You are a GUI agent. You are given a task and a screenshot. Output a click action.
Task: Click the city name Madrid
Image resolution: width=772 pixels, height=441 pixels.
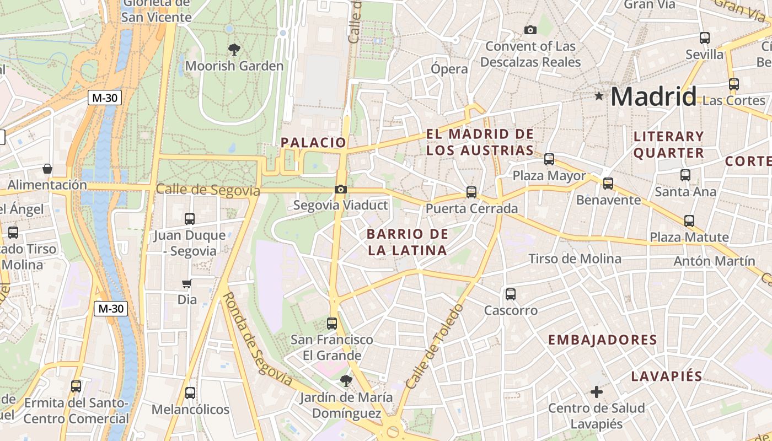(653, 96)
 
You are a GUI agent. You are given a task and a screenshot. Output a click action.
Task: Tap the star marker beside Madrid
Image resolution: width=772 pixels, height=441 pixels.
(599, 96)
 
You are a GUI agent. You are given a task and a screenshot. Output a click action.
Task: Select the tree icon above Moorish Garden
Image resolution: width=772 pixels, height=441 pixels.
(234, 50)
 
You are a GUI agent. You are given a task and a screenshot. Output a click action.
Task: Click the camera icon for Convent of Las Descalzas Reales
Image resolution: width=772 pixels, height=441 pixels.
(530, 30)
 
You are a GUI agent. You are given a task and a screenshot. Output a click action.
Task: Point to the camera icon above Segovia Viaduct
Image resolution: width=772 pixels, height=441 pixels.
(341, 190)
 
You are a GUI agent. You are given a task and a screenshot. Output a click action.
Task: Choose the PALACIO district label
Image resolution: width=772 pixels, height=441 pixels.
(313, 142)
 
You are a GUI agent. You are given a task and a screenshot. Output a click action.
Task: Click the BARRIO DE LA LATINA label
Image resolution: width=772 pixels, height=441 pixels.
(407, 242)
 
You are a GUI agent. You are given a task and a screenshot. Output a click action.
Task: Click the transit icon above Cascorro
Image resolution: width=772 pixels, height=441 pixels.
(511, 294)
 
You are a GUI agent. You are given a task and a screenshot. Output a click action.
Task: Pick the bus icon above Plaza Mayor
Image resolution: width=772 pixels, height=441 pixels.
(549, 159)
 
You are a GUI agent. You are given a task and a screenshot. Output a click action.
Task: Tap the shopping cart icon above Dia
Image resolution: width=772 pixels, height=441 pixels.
(187, 284)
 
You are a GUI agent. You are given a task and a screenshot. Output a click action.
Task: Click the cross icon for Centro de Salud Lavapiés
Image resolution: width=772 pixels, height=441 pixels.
(597, 392)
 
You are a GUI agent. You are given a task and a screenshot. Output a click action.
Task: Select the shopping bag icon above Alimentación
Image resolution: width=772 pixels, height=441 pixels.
(47, 168)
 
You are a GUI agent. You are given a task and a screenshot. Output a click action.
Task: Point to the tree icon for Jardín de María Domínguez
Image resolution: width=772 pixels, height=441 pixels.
(346, 380)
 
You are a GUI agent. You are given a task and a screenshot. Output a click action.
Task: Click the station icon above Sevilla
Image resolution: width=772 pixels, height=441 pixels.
(705, 38)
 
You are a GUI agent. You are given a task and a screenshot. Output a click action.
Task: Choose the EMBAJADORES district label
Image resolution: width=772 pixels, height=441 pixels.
(602, 340)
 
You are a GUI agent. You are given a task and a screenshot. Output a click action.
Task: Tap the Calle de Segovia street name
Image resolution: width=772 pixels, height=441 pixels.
(207, 190)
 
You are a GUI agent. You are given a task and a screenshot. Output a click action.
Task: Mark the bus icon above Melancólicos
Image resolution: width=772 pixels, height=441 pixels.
(190, 393)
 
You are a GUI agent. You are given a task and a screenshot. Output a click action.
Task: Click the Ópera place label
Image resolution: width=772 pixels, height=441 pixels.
(449, 69)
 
